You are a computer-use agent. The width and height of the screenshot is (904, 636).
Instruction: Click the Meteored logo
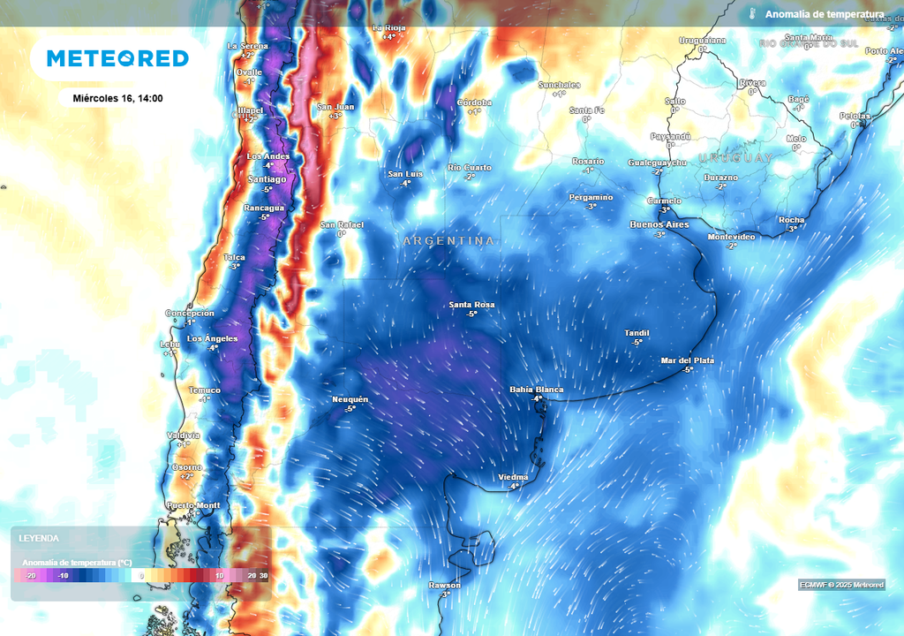pyautogui.click(x=117, y=58)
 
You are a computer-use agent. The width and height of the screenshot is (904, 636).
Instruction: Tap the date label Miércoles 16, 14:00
pyautogui.click(x=117, y=98)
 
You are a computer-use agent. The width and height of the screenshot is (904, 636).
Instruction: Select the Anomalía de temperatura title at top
pyautogui.click(x=824, y=14)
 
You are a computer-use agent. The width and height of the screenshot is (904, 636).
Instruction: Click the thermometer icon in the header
pyautogui.click(x=753, y=14)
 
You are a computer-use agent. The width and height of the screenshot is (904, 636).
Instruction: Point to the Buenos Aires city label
pyautogui.click(x=659, y=224)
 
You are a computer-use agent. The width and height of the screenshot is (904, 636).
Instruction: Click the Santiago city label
pyautogui.click(x=267, y=179)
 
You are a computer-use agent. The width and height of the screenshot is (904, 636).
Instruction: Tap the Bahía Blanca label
pyautogui.click(x=537, y=390)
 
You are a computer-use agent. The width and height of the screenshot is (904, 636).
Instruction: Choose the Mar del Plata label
pyautogui.click(x=688, y=360)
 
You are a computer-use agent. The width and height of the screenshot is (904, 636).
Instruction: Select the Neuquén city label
pyautogui.click(x=350, y=399)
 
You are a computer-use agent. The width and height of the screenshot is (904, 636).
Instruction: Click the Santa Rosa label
pyautogui.click(x=471, y=305)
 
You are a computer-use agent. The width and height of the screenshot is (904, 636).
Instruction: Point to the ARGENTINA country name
pyautogui.click(x=448, y=240)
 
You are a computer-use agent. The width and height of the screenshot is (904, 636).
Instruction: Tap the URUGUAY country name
pyautogui.click(x=736, y=158)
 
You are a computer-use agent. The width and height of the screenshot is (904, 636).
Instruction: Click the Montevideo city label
pyautogui.click(x=731, y=237)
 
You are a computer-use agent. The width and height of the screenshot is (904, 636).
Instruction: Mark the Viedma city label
pyautogui.click(x=513, y=477)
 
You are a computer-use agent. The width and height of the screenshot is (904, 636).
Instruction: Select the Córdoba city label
pyautogui.click(x=474, y=102)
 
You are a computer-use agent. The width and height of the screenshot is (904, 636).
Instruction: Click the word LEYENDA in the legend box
pyautogui.click(x=39, y=538)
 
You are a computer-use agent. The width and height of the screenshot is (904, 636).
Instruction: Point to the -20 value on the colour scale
pyautogui.click(x=30, y=575)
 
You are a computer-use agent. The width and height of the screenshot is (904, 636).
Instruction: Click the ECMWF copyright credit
pyautogui.click(x=841, y=585)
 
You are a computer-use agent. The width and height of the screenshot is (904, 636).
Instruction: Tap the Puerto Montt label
pyautogui.click(x=193, y=505)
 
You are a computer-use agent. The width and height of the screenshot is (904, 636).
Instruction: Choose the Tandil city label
pyautogui.click(x=637, y=333)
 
